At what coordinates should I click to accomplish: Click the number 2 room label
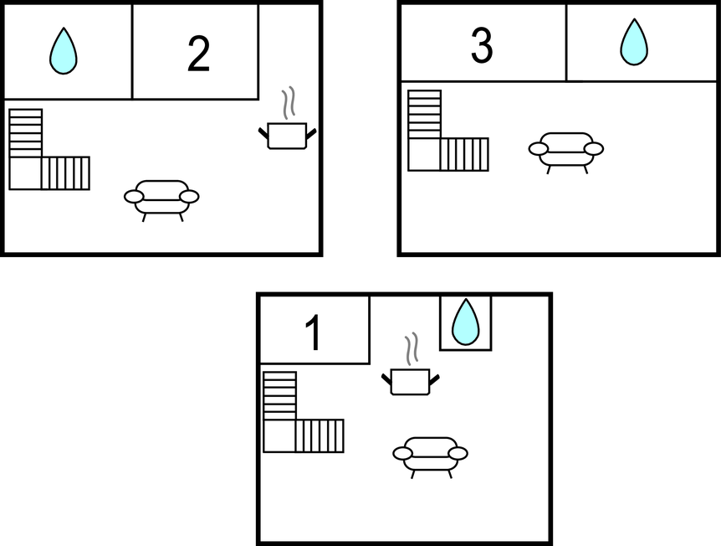(x=198, y=54)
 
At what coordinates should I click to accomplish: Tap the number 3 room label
(x=482, y=45)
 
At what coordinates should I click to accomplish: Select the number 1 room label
(x=314, y=332)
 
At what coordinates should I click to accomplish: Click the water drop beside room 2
(x=64, y=50)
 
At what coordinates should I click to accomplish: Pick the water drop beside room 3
(x=634, y=42)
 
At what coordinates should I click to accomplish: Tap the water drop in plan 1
(x=466, y=322)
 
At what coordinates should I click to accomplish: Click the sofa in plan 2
(x=161, y=201)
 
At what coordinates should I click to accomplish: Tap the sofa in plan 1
(x=431, y=457)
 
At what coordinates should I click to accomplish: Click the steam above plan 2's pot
(x=289, y=104)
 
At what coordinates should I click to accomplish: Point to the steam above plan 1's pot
(x=412, y=349)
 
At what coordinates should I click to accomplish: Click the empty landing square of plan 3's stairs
(x=424, y=155)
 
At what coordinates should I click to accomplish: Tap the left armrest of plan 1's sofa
(x=402, y=454)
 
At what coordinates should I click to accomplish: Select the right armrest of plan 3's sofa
(x=594, y=149)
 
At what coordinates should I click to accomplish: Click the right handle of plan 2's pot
(x=311, y=134)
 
